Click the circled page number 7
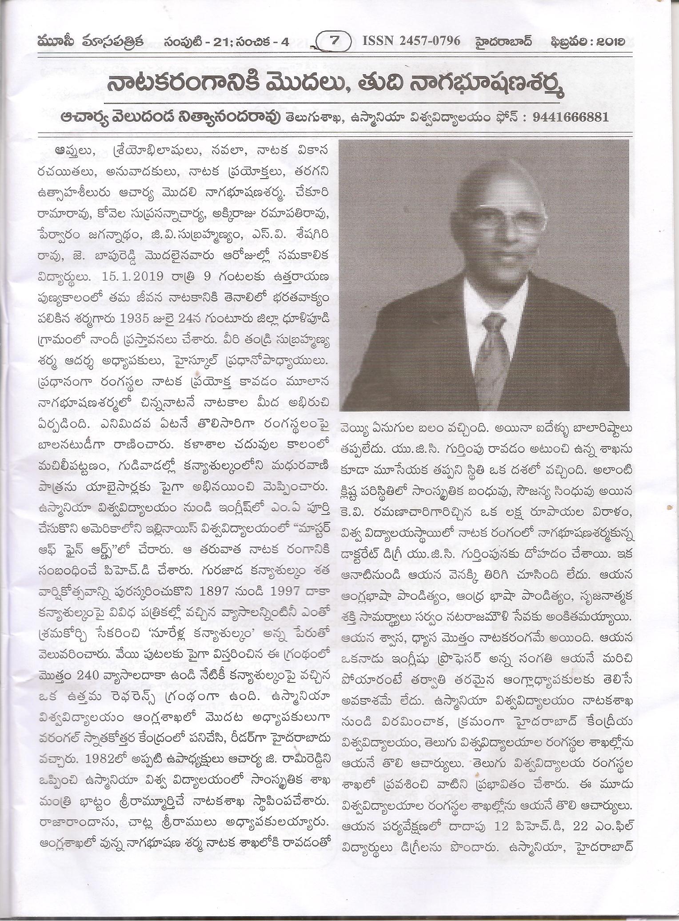tap(335, 41)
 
